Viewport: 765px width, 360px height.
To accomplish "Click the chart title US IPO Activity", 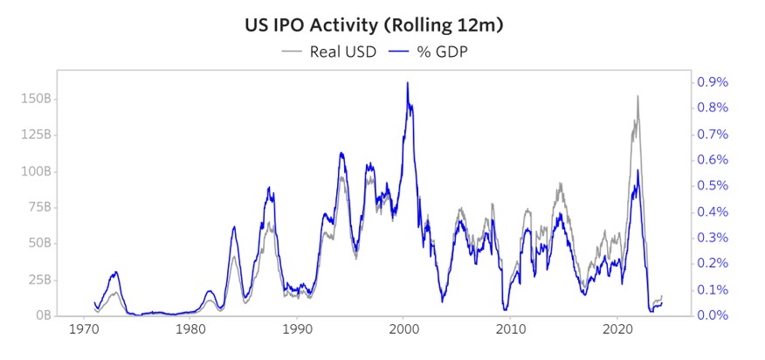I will pyautogui.click(x=375, y=25).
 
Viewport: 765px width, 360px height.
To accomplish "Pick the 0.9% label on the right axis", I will pyautogui.click(x=712, y=82).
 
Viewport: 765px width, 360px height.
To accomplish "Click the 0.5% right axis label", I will pyautogui.click(x=712, y=186).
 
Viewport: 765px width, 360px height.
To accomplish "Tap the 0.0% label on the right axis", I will pyautogui.click(x=712, y=315).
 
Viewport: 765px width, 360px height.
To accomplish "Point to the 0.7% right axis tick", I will pyautogui.click(x=712, y=134).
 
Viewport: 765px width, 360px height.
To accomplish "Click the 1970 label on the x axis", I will pyautogui.click(x=85, y=333).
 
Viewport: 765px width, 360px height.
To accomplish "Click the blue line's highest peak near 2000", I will pyautogui.click(x=407, y=83).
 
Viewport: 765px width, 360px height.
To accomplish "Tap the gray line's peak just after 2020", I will pyautogui.click(x=637, y=96).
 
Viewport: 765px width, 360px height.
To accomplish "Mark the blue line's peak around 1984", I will pyautogui.click(x=234, y=226).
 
